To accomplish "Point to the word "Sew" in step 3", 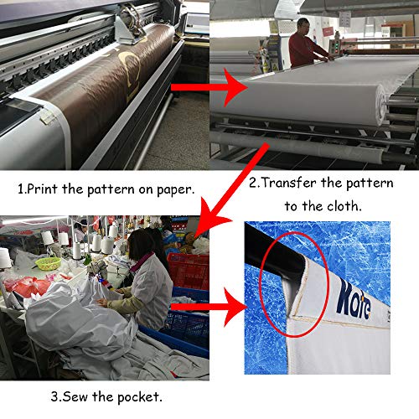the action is (75, 396).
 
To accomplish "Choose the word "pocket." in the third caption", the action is (140, 397).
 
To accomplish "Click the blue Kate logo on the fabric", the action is (354, 299).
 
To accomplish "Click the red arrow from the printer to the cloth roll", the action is (209, 87).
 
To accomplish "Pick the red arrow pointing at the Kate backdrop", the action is (209, 307).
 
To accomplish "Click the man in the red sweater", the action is (306, 44).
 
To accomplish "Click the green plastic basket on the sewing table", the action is (48, 263).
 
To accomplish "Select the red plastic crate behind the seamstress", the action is (189, 271).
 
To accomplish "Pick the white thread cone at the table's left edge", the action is (5, 257).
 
